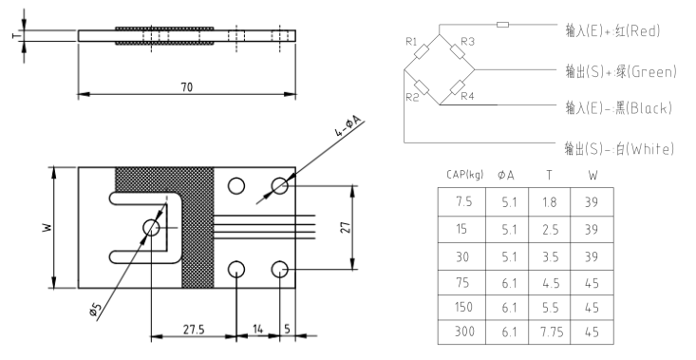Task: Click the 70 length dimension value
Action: pyautogui.click(x=187, y=87)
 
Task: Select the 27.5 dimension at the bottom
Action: pyautogui.click(x=194, y=330)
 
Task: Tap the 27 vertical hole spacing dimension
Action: pyautogui.click(x=347, y=227)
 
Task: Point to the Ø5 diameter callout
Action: pyautogui.click(x=94, y=310)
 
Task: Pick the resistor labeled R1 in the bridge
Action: pyautogui.click(x=421, y=52)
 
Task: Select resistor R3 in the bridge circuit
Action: pyautogui.click(x=458, y=51)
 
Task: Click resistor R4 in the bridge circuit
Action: pyautogui.click(x=457, y=87)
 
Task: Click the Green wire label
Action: pyautogui.click(x=653, y=71)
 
